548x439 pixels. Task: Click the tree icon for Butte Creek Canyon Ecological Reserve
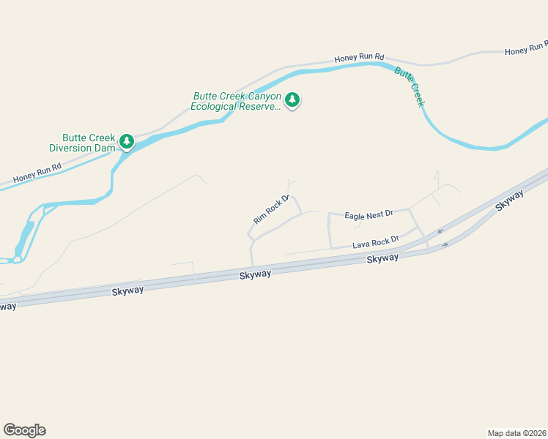point(293,100)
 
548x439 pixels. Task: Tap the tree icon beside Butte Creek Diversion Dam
point(127,140)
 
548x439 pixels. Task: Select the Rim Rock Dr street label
point(272,209)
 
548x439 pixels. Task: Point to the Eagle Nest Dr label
point(369,214)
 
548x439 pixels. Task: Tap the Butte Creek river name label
point(410,86)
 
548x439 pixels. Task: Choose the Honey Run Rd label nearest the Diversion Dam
point(37,173)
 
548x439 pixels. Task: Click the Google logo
point(24,429)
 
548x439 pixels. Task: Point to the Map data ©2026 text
point(516,432)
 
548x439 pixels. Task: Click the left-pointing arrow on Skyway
point(440,231)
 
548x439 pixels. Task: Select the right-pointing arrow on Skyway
point(445,244)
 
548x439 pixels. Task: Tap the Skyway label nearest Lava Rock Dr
point(382,258)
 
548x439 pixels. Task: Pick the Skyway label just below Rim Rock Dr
point(255,274)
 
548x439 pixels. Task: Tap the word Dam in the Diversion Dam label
point(105,147)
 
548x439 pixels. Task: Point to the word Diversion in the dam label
point(71,147)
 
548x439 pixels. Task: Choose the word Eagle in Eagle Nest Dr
point(355,215)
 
